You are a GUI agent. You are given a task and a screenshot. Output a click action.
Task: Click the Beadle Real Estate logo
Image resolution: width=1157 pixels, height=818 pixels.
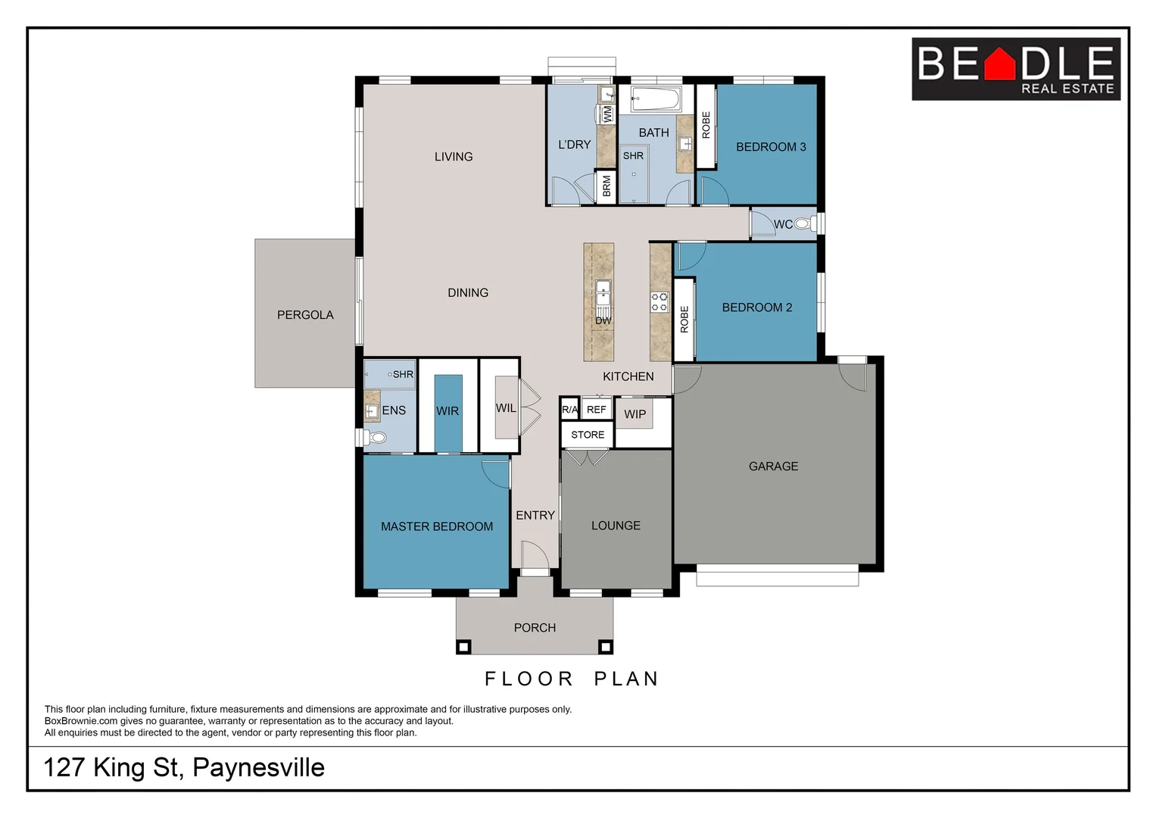[x=1015, y=69]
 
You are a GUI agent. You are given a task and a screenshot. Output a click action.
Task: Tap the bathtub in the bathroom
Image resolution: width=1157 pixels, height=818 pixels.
[x=656, y=98]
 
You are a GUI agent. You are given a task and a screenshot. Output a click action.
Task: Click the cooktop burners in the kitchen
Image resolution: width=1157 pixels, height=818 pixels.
[x=660, y=302]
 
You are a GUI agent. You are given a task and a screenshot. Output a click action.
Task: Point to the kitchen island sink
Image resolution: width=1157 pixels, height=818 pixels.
[x=603, y=292]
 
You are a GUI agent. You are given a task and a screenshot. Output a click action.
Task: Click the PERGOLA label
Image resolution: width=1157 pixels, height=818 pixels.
[x=305, y=315]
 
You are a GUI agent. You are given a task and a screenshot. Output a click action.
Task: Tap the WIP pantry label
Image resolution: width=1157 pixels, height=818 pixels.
[x=635, y=414]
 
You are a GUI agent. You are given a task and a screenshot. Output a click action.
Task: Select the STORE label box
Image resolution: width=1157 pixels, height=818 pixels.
[x=588, y=435]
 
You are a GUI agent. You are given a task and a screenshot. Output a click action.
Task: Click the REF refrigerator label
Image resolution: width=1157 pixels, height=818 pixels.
[x=597, y=410]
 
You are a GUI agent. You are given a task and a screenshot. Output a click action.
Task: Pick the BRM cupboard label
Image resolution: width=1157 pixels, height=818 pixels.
[x=607, y=187]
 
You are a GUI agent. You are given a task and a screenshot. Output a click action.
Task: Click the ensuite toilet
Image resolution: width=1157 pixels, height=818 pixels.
[x=376, y=437]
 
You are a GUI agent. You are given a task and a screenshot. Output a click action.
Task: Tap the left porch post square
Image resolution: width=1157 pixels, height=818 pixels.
[x=463, y=646]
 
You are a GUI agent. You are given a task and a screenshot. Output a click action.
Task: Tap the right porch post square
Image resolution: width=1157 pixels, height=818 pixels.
[x=605, y=646]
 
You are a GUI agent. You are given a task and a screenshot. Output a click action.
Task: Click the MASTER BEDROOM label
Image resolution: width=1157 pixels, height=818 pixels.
[x=437, y=526]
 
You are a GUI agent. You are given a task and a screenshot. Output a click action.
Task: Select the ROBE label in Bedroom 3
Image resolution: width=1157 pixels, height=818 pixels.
[x=706, y=125]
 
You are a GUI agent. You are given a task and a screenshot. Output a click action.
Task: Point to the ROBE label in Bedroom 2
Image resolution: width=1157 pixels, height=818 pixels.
[x=684, y=320]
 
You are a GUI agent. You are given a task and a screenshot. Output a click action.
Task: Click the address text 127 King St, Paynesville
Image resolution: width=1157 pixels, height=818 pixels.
[x=184, y=767]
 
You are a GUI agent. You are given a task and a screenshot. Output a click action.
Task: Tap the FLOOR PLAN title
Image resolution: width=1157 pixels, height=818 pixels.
[x=572, y=679]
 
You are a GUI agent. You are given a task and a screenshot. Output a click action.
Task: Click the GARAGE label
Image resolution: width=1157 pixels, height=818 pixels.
[x=773, y=467]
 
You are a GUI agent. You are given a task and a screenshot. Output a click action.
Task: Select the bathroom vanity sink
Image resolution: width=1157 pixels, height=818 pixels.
[x=685, y=143]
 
